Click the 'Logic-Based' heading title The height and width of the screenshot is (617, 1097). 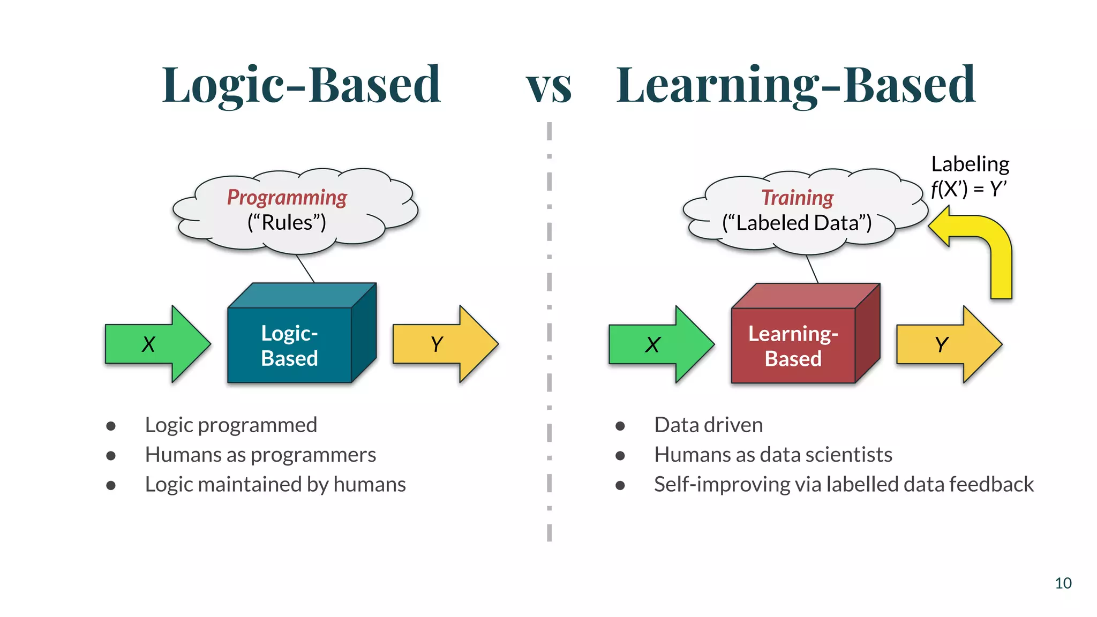(x=301, y=85)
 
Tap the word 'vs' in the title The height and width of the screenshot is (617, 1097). (x=548, y=87)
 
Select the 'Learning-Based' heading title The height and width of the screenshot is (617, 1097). (x=795, y=85)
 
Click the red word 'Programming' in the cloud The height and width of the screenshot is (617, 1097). (x=287, y=198)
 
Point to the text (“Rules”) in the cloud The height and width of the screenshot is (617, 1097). (x=287, y=222)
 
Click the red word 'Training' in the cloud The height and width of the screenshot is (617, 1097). (x=797, y=198)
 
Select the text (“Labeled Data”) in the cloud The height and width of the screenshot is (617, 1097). (x=797, y=223)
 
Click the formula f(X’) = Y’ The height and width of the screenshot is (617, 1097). (x=968, y=189)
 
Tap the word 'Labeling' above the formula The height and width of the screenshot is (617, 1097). (x=970, y=164)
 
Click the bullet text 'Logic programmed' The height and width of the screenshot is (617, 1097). (x=231, y=425)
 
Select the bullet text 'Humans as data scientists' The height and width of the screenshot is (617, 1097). (x=773, y=455)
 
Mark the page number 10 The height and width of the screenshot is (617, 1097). (x=1063, y=583)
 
